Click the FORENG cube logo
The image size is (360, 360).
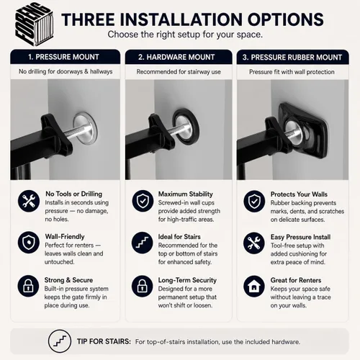[x=34, y=24]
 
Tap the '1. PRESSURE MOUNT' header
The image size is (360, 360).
[x=63, y=57]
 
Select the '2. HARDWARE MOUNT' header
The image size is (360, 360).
[x=176, y=57]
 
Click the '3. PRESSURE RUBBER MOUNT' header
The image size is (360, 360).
[x=292, y=58]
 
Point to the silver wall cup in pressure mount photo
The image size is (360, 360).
[x=85, y=128]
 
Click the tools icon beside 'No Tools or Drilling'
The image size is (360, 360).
[x=29, y=201]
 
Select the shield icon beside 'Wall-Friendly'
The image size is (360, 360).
[x=29, y=243]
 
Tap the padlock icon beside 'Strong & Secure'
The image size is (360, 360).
[x=28, y=286]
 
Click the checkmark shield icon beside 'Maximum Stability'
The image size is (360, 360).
[x=143, y=201]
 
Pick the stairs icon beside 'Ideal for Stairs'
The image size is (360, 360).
[x=143, y=243]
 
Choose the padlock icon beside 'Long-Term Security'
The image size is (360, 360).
[x=143, y=286]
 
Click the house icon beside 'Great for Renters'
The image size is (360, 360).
[x=254, y=286]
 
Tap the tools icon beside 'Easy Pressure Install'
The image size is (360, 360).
[x=254, y=243]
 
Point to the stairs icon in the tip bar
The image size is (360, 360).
[x=60, y=341]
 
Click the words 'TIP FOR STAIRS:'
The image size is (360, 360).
[x=104, y=341]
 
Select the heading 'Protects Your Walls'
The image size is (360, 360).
[x=299, y=194]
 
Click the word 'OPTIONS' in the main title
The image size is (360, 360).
[x=286, y=19]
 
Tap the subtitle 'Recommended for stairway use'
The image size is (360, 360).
[x=179, y=72]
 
